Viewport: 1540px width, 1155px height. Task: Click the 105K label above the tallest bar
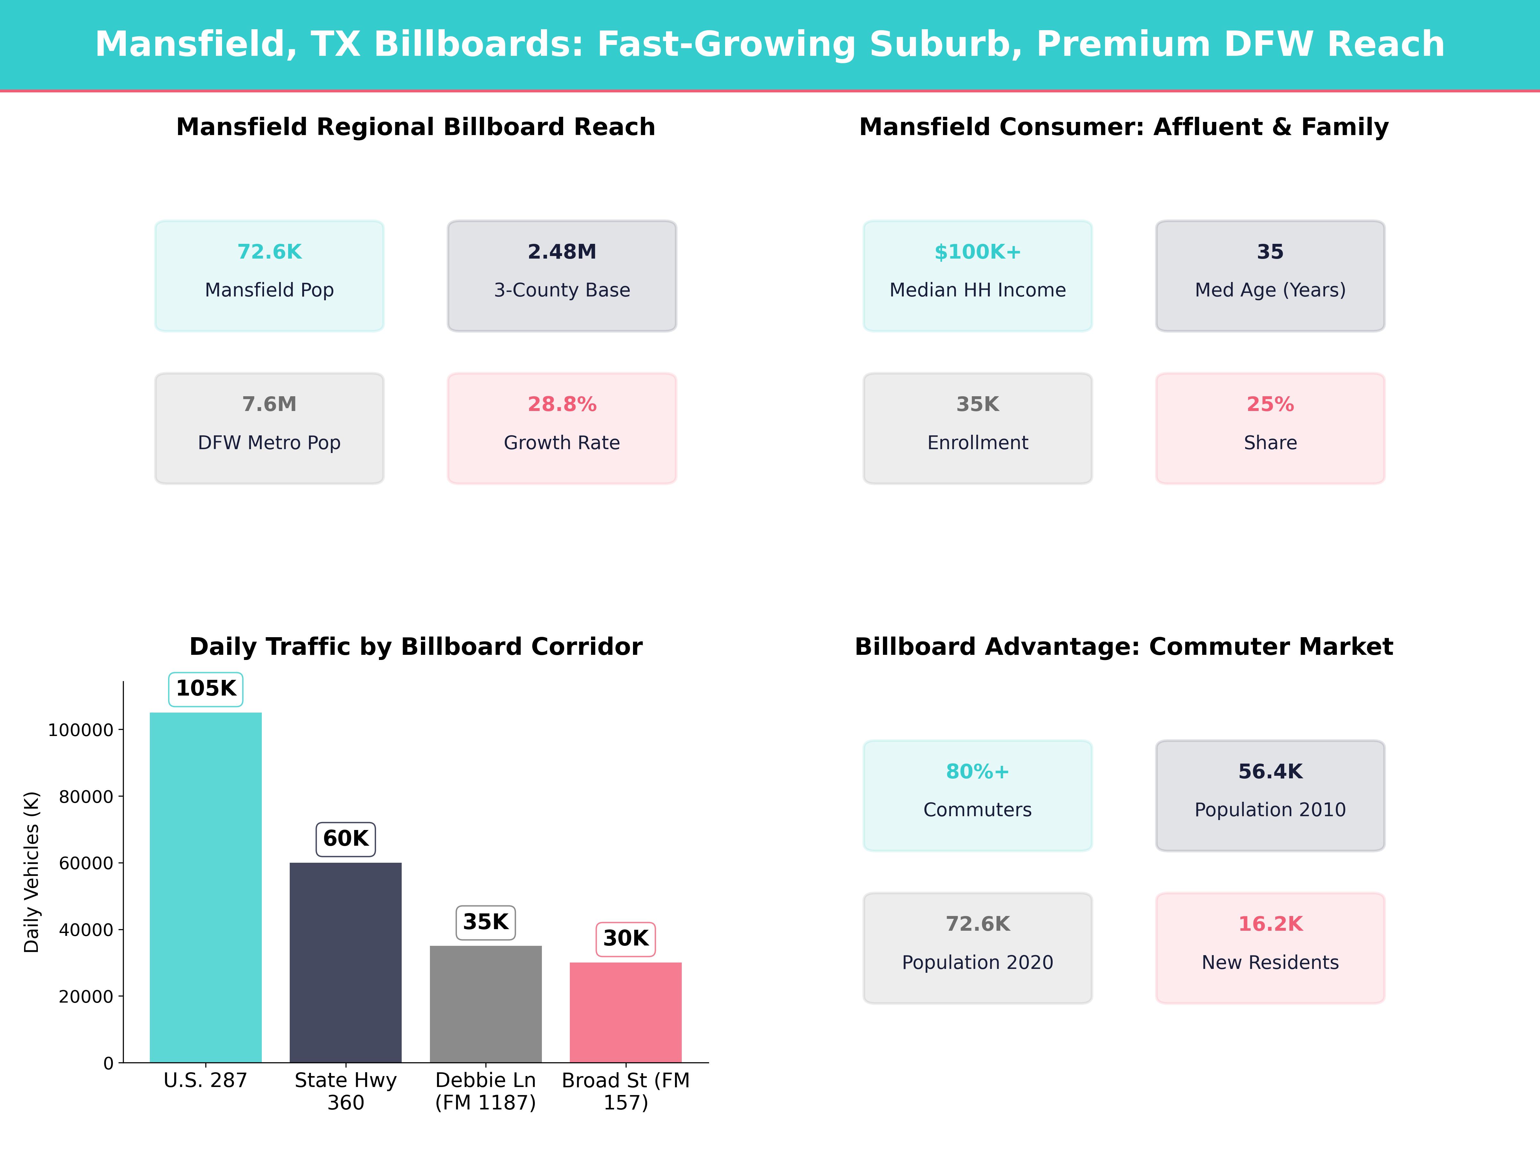206,689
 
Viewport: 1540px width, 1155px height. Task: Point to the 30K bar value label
626,938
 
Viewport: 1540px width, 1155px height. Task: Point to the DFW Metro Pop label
269,443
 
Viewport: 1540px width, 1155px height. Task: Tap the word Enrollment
978,443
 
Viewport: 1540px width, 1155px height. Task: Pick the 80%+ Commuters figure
978,771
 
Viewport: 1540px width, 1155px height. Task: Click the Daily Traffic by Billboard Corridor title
415,647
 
